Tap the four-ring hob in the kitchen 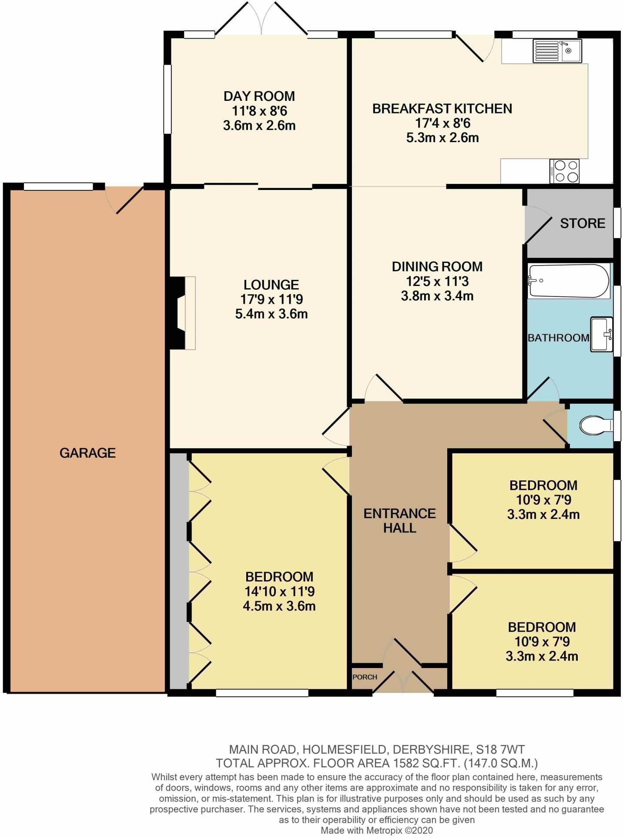pyautogui.click(x=565, y=171)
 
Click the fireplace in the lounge pyautogui.click(x=183, y=313)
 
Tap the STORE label pyautogui.click(x=582, y=223)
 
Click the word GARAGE pyautogui.click(x=87, y=453)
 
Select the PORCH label pyautogui.click(x=365, y=677)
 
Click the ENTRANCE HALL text pyautogui.click(x=399, y=520)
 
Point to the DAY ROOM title pyautogui.click(x=259, y=96)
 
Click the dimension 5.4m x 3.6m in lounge pyautogui.click(x=271, y=314)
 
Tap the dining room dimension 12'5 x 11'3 pyautogui.click(x=437, y=281)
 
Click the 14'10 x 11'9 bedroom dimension pyautogui.click(x=279, y=591)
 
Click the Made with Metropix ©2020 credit pyautogui.click(x=377, y=831)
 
